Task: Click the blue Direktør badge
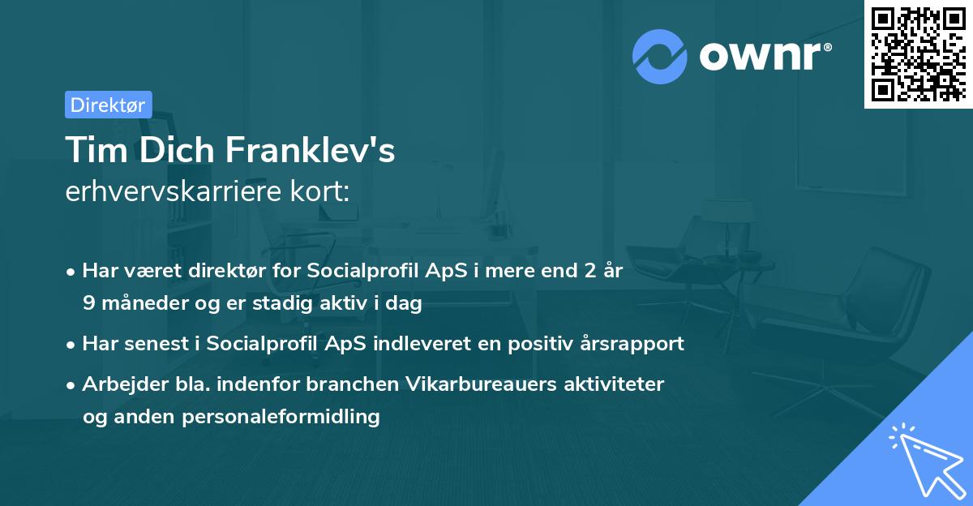[x=108, y=105]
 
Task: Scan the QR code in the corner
[x=917, y=54]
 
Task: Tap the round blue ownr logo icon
[x=660, y=56]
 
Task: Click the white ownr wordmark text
[x=763, y=56]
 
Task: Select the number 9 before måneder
[x=88, y=303]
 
